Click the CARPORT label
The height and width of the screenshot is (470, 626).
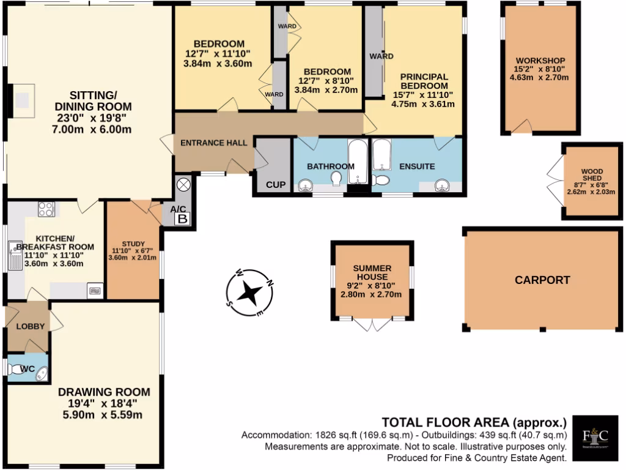(x=542, y=280)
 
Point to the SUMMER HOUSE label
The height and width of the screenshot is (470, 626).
(x=371, y=272)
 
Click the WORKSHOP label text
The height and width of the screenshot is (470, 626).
(x=539, y=61)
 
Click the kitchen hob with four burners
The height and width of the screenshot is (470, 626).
(x=46, y=210)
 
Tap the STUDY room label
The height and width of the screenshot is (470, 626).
(x=133, y=244)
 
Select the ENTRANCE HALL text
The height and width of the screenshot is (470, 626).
(x=213, y=143)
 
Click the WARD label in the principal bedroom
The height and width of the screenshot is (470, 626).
(x=381, y=56)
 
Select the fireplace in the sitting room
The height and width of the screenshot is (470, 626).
(x=23, y=100)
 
